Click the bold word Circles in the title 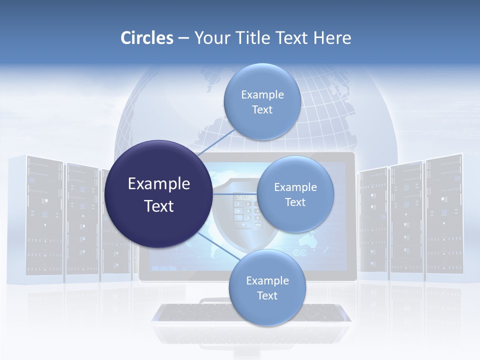[147, 38]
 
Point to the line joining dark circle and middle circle [235, 194]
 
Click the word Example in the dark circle [159, 184]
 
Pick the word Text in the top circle [262, 110]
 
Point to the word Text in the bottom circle [267, 296]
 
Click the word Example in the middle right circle [295, 187]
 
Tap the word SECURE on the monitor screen [245, 198]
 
